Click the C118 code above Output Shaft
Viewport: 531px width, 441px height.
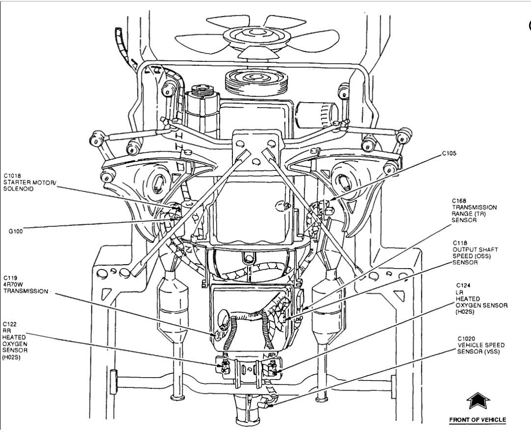point(459,243)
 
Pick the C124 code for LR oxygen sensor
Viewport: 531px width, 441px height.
point(462,285)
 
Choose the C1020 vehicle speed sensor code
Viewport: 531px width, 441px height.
point(466,338)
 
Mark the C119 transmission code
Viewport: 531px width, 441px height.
point(10,277)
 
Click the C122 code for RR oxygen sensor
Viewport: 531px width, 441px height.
point(10,324)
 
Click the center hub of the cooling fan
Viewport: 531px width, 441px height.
point(248,35)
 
